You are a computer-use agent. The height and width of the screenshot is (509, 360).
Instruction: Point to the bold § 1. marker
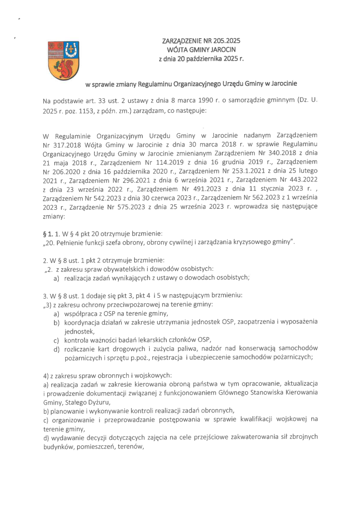(x=50, y=234)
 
